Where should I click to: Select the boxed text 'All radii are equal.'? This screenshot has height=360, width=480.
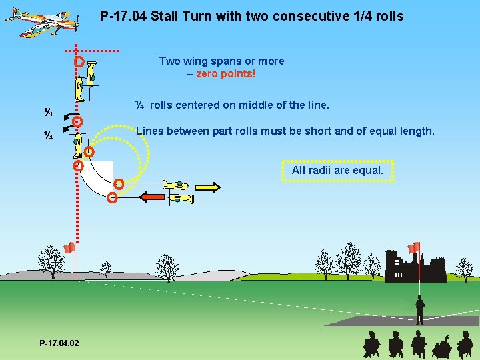337,171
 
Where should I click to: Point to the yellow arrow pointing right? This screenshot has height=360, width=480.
207,187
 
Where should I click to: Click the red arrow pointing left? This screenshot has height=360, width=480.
153,197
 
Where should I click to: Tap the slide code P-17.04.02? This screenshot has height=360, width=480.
59,343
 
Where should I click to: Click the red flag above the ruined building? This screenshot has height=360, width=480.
414,247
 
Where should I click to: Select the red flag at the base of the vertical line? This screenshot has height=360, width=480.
68,249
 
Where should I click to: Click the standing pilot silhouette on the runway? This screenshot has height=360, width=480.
419,310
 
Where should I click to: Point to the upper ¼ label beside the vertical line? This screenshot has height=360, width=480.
49,111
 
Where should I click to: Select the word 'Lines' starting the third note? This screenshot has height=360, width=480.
150,131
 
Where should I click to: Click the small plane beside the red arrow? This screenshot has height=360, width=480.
181,198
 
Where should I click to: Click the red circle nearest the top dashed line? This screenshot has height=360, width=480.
79,61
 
